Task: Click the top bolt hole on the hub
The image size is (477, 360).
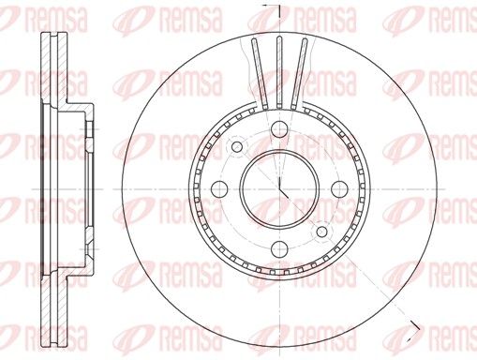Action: pos(279,129)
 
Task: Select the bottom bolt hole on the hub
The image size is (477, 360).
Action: pos(279,249)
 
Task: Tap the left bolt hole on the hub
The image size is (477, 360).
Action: pos(219,189)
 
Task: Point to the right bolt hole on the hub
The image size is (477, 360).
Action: pos(339,189)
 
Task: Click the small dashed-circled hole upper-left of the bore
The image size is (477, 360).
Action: pos(237,146)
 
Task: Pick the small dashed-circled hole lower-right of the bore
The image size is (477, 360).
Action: pos(321,232)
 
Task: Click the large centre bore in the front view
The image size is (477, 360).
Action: pos(280,188)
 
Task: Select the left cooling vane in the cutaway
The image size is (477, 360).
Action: pos(259,73)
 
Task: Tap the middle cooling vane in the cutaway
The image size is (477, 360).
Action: pos(279,72)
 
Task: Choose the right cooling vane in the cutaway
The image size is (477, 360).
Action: pos(299,73)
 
